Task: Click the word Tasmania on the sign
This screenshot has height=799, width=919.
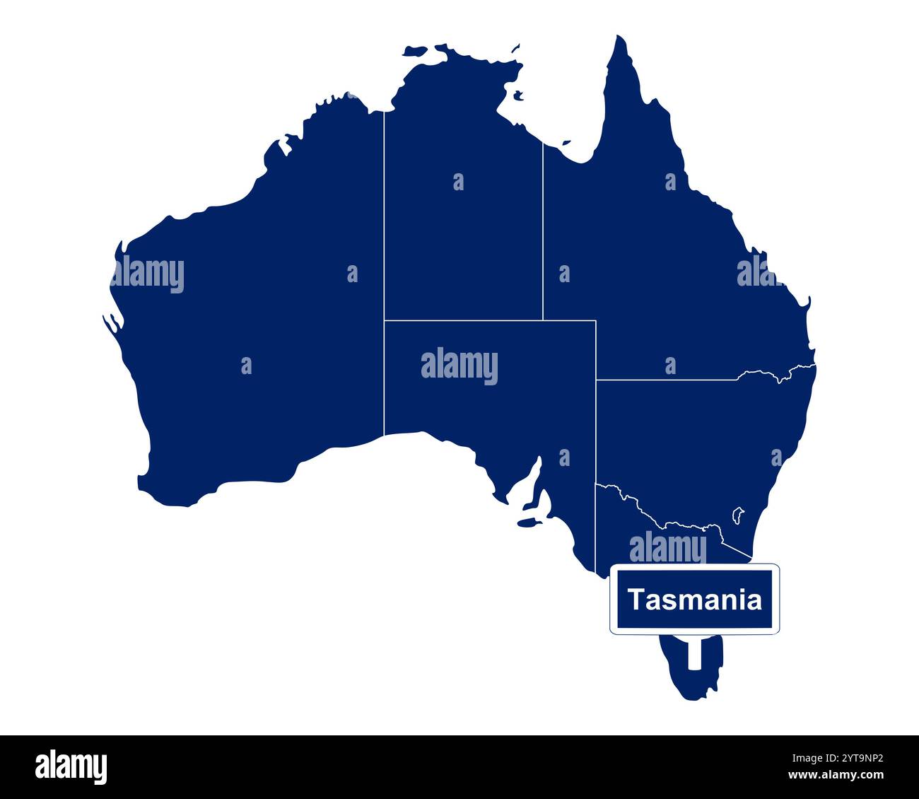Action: pyautogui.click(x=695, y=600)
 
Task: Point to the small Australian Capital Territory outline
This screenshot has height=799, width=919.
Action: pyautogui.click(x=738, y=514)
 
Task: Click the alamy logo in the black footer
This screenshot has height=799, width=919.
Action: pyautogui.click(x=71, y=766)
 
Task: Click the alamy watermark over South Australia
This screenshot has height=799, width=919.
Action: pyautogui.click(x=459, y=366)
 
